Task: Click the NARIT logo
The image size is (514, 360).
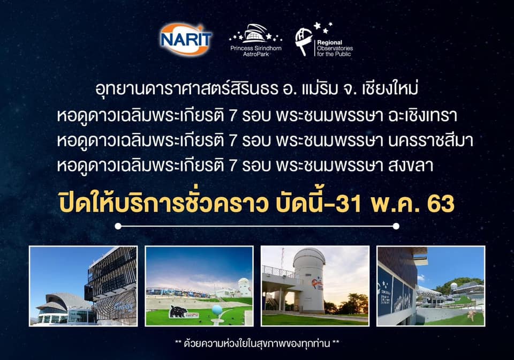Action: (x=186, y=39)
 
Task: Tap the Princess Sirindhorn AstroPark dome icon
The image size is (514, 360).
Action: (x=256, y=34)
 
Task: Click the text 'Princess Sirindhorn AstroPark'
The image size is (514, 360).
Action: (x=256, y=51)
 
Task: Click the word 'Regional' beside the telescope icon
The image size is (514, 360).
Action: (x=329, y=42)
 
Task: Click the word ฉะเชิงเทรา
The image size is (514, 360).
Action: (x=422, y=115)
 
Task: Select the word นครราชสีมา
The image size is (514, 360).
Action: (x=430, y=140)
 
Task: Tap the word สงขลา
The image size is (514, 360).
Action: (x=411, y=165)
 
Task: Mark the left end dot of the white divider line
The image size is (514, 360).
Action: (x=118, y=226)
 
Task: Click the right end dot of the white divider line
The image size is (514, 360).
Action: (x=396, y=226)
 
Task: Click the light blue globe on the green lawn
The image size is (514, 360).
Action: (x=217, y=310)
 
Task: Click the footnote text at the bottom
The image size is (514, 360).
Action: (x=257, y=343)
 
